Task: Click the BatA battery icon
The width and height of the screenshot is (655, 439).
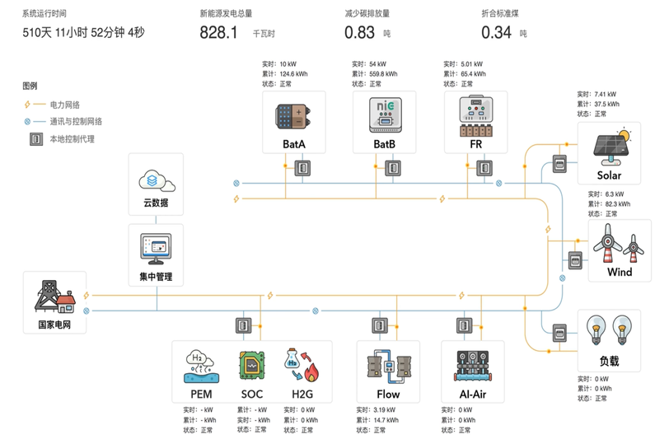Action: pyautogui.click(x=293, y=115)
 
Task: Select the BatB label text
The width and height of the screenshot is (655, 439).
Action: pyautogui.click(x=384, y=144)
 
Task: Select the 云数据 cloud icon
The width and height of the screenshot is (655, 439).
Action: pyautogui.click(x=155, y=178)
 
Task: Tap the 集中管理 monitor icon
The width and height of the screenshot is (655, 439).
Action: pyautogui.click(x=155, y=246)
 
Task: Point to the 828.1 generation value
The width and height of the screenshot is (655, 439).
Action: pyautogui.click(x=218, y=33)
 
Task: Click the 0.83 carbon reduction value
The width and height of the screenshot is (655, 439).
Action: pyautogui.click(x=360, y=33)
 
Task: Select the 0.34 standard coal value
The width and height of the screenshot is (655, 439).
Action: pyautogui.click(x=496, y=33)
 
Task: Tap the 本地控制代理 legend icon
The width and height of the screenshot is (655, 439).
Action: pyautogui.click(x=35, y=139)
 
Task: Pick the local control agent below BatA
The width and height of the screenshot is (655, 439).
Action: pyautogui.click(x=302, y=168)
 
